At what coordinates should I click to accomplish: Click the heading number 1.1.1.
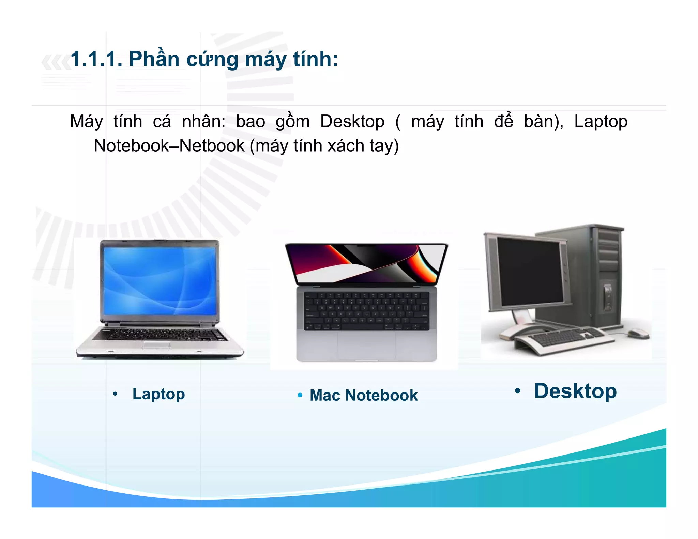96,59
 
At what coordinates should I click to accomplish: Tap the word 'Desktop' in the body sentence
352,122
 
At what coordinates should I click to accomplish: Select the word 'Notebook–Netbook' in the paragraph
169,146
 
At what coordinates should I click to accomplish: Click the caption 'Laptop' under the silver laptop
158,394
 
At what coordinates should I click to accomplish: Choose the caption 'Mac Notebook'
363,395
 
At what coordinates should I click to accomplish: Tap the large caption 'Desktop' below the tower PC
575,391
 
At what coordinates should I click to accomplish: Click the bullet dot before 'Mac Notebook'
300,395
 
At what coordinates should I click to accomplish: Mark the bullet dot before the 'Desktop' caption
517,391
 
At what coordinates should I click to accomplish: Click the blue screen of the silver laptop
160,281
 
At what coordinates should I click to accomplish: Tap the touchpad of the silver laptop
157,345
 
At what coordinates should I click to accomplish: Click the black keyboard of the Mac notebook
366,311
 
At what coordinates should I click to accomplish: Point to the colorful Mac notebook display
366,264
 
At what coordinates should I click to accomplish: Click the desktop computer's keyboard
566,337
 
